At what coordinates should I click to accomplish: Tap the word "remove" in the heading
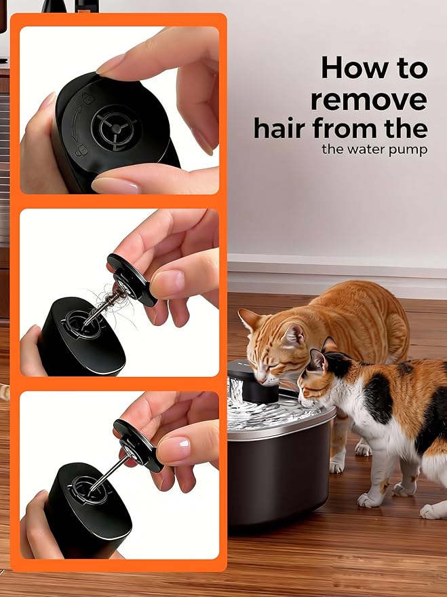click(x=369, y=98)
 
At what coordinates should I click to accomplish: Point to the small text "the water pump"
click(x=374, y=149)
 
